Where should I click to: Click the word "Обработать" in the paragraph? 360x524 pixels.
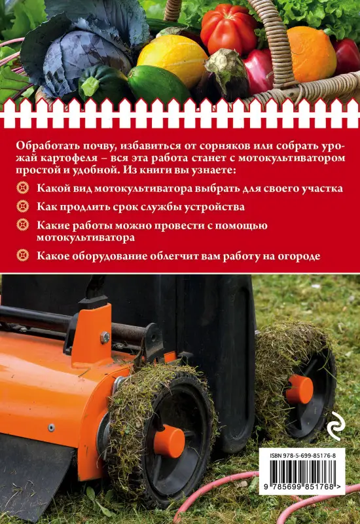pos(44,145)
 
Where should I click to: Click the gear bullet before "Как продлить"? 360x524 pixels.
pos(24,207)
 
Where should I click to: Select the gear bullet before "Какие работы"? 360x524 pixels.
pos(24,226)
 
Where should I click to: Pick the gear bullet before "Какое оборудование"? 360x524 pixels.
pos(24,255)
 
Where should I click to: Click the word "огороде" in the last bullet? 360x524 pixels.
pos(299,255)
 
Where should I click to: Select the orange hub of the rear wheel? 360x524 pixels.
pos(299,388)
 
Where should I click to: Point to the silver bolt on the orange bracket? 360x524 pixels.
pos(105,337)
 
